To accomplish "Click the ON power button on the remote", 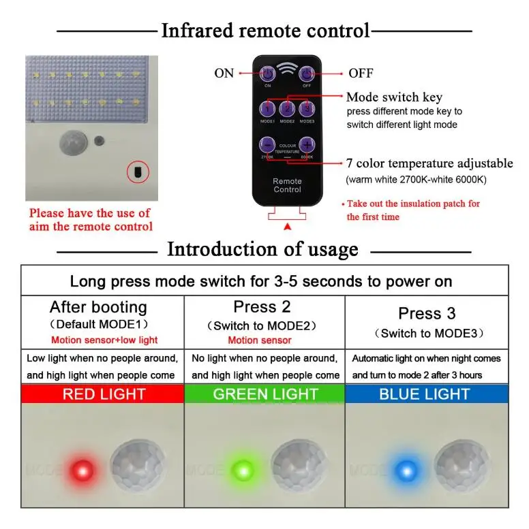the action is [x=267, y=74].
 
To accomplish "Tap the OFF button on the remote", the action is [x=307, y=74].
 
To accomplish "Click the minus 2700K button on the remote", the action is [x=267, y=144].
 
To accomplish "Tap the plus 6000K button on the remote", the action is [x=307, y=144].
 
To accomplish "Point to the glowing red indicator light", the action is [x=81, y=468].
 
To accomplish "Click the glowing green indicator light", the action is [x=243, y=468].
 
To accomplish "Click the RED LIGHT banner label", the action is [x=104, y=394].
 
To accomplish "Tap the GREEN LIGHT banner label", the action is [x=265, y=394].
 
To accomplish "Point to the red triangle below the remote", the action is [x=287, y=225].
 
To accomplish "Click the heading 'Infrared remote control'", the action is [x=265, y=31].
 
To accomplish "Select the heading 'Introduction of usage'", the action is [x=262, y=249].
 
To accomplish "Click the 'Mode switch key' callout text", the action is [x=394, y=97].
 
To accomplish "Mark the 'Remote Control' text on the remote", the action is [x=287, y=185].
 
